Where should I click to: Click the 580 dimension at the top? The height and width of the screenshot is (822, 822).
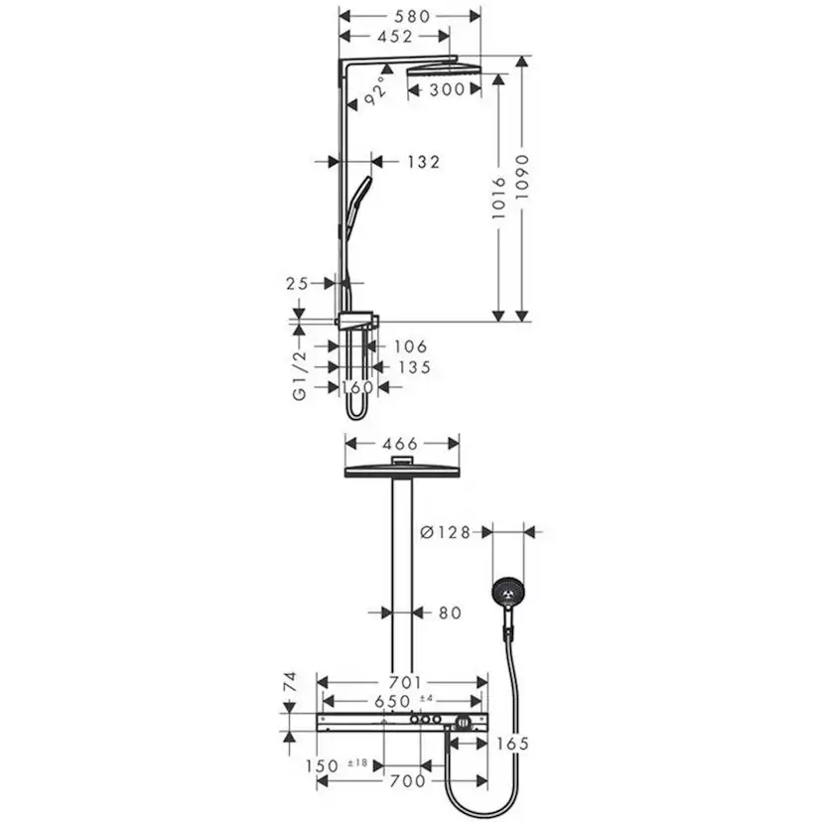[x=410, y=16]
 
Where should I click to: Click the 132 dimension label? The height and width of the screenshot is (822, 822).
[x=422, y=162]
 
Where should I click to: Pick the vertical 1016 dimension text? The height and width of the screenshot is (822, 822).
[x=499, y=198]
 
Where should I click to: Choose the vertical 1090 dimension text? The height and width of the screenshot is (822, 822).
[x=523, y=175]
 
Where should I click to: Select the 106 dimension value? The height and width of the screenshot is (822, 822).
[x=410, y=346]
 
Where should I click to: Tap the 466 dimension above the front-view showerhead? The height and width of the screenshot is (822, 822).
[x=400, y=444]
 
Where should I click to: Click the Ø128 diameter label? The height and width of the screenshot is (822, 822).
[x=445, y=533]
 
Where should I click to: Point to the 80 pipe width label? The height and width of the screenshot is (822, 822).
[x=449, y=614]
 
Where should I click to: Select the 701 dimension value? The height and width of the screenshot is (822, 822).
[x=402, y=682]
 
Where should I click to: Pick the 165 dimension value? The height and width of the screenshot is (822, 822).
[x=511, y=742]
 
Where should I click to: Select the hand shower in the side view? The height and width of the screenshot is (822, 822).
[x=358, y=199]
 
